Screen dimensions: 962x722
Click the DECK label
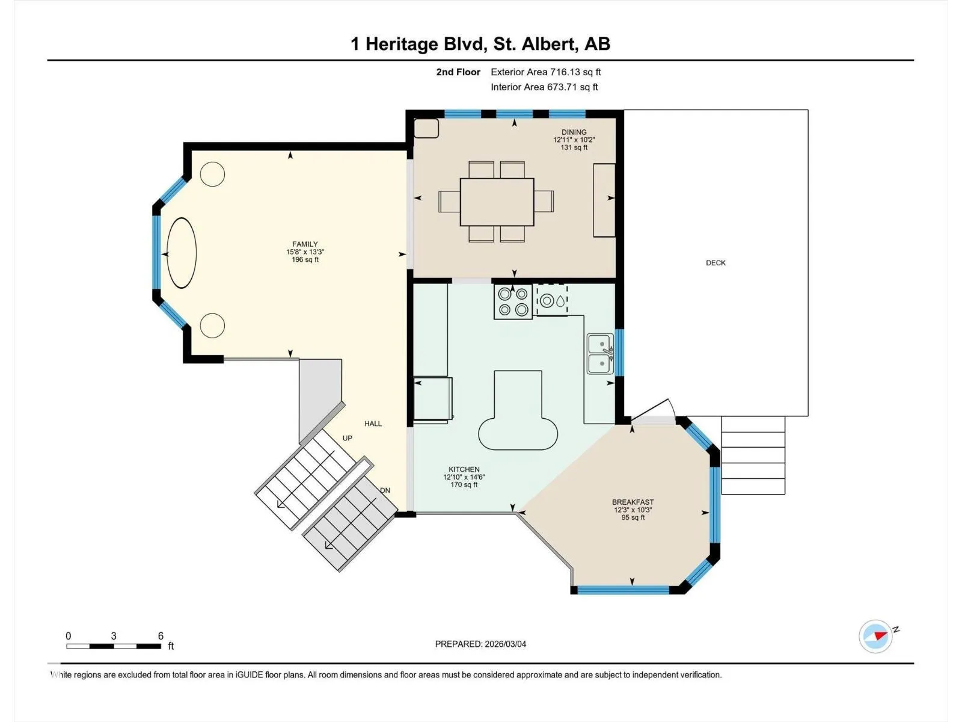715,263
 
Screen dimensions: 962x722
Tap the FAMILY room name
305,244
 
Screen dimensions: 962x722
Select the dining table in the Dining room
497,202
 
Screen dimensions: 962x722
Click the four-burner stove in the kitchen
513,301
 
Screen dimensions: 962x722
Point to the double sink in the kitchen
600,354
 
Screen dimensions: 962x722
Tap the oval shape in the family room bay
182,253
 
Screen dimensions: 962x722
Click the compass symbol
875,637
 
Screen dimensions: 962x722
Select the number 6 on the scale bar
161,635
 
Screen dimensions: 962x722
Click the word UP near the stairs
348,439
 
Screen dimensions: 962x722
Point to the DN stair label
385,490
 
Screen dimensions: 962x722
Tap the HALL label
373,424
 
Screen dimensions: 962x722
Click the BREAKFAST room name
633,502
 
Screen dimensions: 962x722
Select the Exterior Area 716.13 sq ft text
546,72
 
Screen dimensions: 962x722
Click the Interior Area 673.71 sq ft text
544,87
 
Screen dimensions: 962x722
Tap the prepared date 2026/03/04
505,644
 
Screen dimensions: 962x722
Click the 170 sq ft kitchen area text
464,485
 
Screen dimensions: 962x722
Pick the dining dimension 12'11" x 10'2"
574,140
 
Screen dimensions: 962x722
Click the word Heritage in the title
402,45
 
